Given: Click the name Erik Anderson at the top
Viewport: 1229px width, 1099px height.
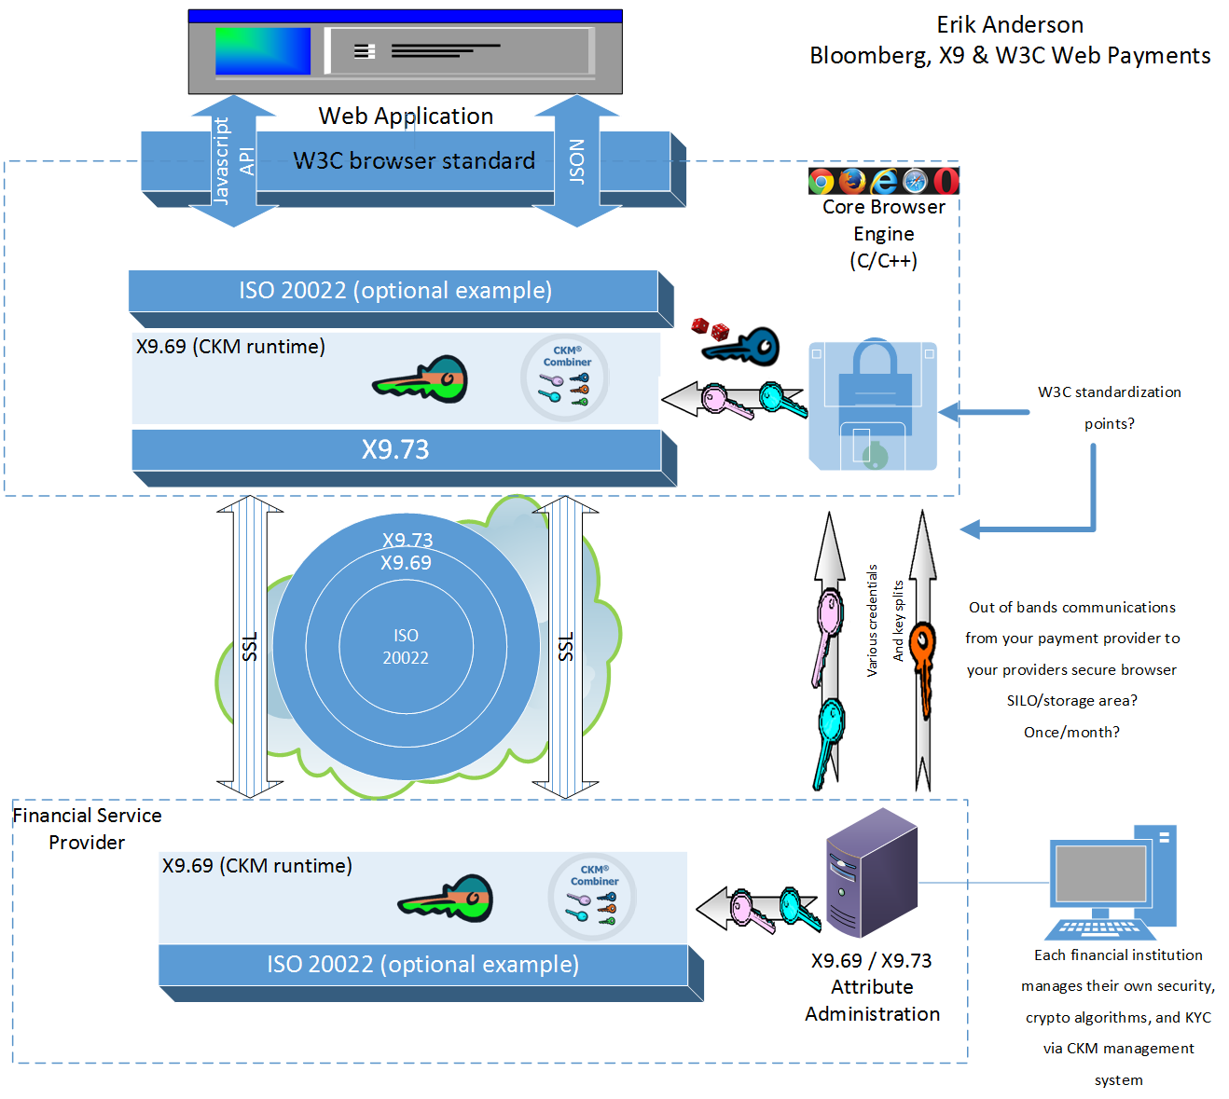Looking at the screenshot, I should click(x=1010, y=25).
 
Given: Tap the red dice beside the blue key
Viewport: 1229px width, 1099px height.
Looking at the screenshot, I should click(x=710, y=328).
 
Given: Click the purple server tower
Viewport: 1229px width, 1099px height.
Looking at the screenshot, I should click(x=871, y=872).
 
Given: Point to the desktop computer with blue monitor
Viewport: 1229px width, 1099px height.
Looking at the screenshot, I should click(x=1112, y=882).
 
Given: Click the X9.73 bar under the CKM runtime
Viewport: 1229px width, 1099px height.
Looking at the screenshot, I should click(x=396, y=450).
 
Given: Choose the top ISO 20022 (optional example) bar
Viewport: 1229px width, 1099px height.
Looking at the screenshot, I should click(x=394, y=291).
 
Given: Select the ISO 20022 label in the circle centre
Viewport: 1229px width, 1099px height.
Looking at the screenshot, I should click(x=406, y=646).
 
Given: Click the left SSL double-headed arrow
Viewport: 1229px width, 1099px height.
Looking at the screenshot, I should click(x=250, y=647).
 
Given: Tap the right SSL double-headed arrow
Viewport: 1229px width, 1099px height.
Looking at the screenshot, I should click(x=565, y=647).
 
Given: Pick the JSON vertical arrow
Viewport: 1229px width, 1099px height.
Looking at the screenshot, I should click(x=577, y=161).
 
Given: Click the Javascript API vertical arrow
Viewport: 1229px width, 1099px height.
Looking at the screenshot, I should click(x=233, y=161).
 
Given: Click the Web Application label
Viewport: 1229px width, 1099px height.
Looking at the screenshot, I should click(x=406, y=117).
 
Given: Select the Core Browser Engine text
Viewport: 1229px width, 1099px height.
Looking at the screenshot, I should click(x=883, y=234).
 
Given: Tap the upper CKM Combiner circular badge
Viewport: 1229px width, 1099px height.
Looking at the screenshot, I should click(x=565, y=378).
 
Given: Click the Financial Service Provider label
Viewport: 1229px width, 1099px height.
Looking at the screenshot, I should click(x=87, y=829).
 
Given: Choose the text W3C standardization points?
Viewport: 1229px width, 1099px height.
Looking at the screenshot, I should click(x=1109, y=407).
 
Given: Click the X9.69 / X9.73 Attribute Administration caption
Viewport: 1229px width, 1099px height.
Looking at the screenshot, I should click(x=872, y=987).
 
